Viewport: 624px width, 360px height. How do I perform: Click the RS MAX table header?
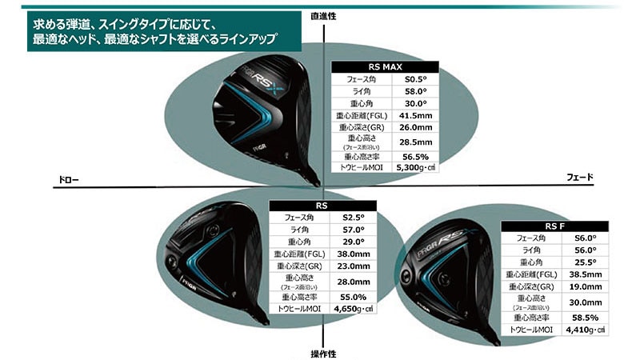pyautogui.click(x=385, y=67)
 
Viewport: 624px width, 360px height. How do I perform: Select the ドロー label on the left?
pyautogui.click(x=69, y=179)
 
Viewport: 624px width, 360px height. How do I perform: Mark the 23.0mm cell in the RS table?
pyautogui.click(x=352, y=266)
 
